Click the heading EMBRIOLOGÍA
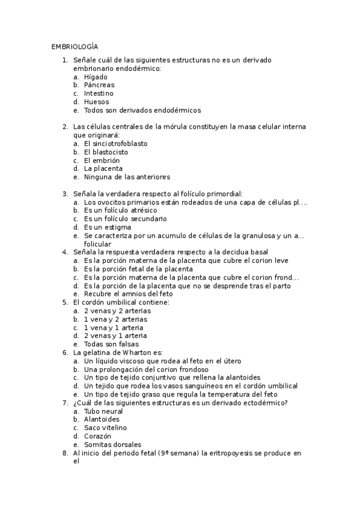[x=75, y=46]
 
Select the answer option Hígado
[x=96, y=77]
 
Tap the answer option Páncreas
[x=99, y=85]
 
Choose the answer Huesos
[x=97, y=102]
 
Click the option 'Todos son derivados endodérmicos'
[x=142, y=111]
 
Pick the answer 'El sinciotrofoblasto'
[x=115, y=144]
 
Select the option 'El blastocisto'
[x=106, y=152]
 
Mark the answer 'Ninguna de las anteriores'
[x=127, y=177]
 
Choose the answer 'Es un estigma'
[x=108, y=227]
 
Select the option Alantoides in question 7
[x=102, y=419]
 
